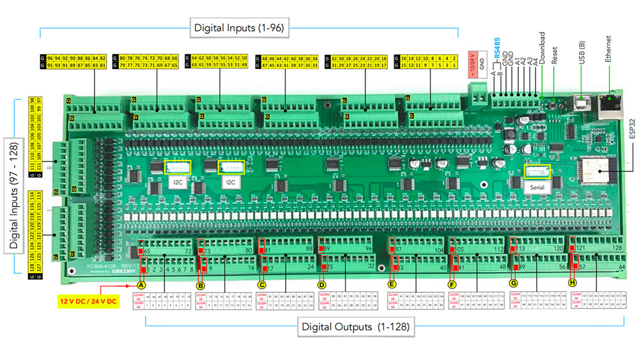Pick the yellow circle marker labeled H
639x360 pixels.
tap(572, 282)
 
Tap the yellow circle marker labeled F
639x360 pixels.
tap(452, 284)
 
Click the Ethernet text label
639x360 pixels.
tap(608, 49)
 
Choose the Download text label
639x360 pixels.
tap(543, 47)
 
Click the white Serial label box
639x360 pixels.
tap(537, 187)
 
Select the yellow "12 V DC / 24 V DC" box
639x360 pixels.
tap(88, 301)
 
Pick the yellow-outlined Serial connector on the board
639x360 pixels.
tap(537, 171)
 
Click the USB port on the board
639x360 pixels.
tap(581, 104)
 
